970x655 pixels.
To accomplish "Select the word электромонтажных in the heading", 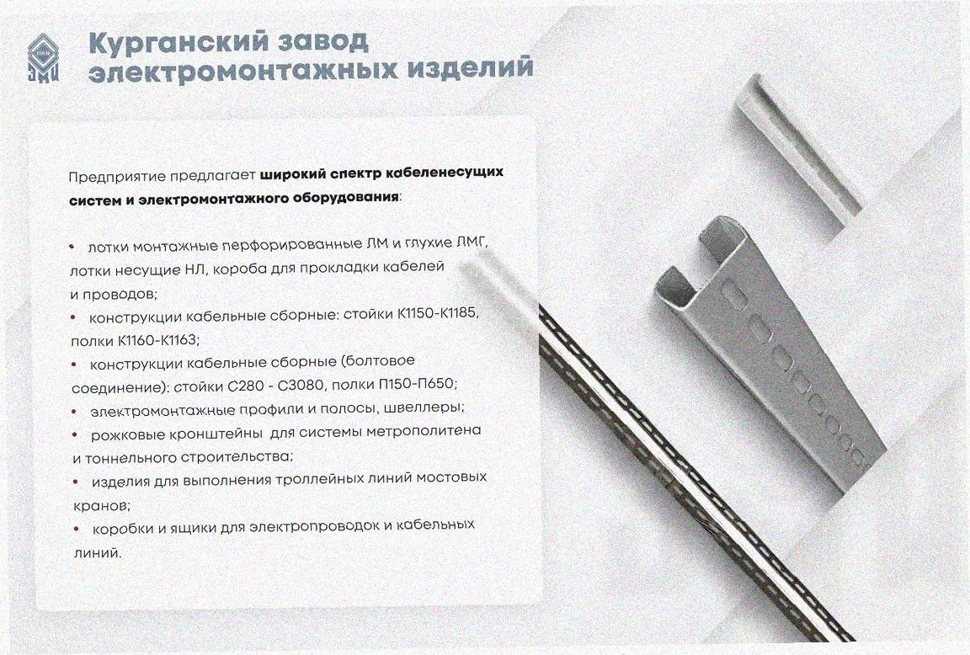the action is [243, 69].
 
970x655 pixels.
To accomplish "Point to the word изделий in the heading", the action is [470, 67].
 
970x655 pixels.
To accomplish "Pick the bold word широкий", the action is [293, 175].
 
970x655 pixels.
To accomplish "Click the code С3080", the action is [301, 386].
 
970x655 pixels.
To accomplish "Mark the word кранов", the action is [101, 505].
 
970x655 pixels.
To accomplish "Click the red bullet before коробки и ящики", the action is [76, 529].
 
